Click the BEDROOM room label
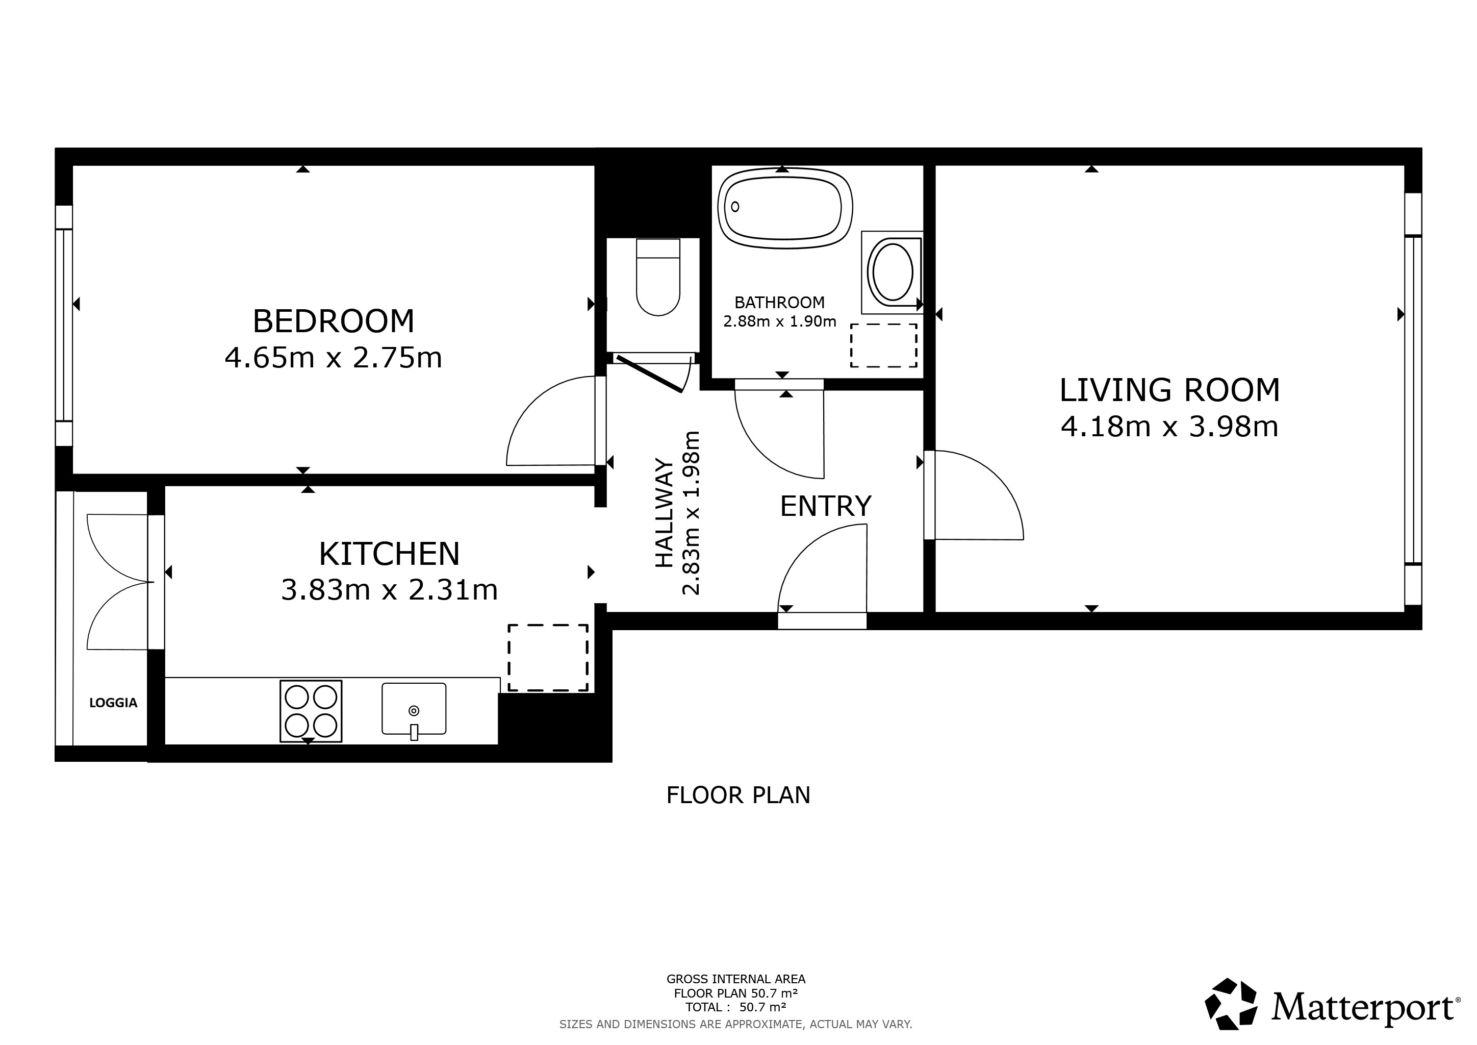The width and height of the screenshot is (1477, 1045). [333, 321]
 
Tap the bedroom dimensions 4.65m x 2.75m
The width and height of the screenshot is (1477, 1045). [333, 358]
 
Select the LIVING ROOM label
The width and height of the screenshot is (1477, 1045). [1169, 390]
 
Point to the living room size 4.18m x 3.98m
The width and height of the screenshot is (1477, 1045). [1169, 427]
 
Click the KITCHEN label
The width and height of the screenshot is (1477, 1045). [389, 554]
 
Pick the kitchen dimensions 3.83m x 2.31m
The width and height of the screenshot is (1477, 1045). [389, 590]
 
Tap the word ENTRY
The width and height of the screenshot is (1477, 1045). [825, 506]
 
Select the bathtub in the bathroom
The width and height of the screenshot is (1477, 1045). [785, 207]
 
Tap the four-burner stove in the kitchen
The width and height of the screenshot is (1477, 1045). [311, 710]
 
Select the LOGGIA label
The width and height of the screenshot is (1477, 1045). [113, 703]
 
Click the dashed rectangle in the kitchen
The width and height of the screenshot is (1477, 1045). [548, 658]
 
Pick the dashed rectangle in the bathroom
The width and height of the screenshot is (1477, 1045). [884, 345]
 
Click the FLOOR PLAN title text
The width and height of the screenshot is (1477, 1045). [738, 795]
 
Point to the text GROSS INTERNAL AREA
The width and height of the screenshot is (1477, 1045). [736, 979]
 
